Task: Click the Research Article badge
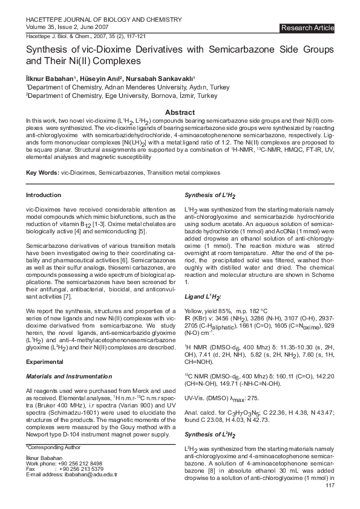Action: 307,28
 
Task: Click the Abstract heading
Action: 180,112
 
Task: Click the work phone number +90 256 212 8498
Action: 80,463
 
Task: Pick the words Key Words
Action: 41,173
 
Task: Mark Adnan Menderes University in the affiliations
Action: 122,87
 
